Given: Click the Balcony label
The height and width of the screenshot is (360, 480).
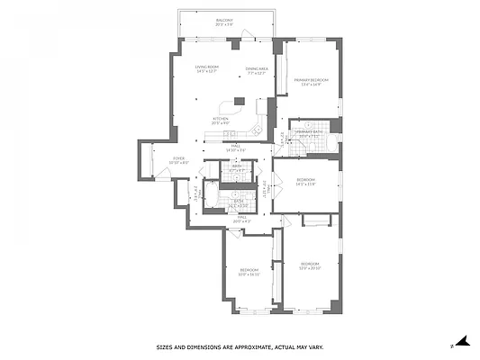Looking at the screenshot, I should [x=224, y=22].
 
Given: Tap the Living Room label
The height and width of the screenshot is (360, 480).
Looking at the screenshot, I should [x=207, y=70].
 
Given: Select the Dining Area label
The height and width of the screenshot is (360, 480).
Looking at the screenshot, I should [x=257, y=70].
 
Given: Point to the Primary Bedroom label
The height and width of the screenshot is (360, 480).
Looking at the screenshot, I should [x=311, y=82].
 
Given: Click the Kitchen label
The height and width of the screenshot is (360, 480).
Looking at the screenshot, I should [x=221, y=120].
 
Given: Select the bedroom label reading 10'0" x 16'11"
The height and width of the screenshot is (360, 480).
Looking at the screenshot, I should [x=249, y=272].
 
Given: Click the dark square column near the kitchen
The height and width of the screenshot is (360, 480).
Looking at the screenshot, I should [x=240, y=102].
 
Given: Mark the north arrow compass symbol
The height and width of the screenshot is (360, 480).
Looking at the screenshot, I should [x=462, y=341].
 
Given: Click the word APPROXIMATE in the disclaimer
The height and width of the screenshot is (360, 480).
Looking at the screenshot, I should [x=246, y=346].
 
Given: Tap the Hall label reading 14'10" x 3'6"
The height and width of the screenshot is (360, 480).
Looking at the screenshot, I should [x=238, y=148].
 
